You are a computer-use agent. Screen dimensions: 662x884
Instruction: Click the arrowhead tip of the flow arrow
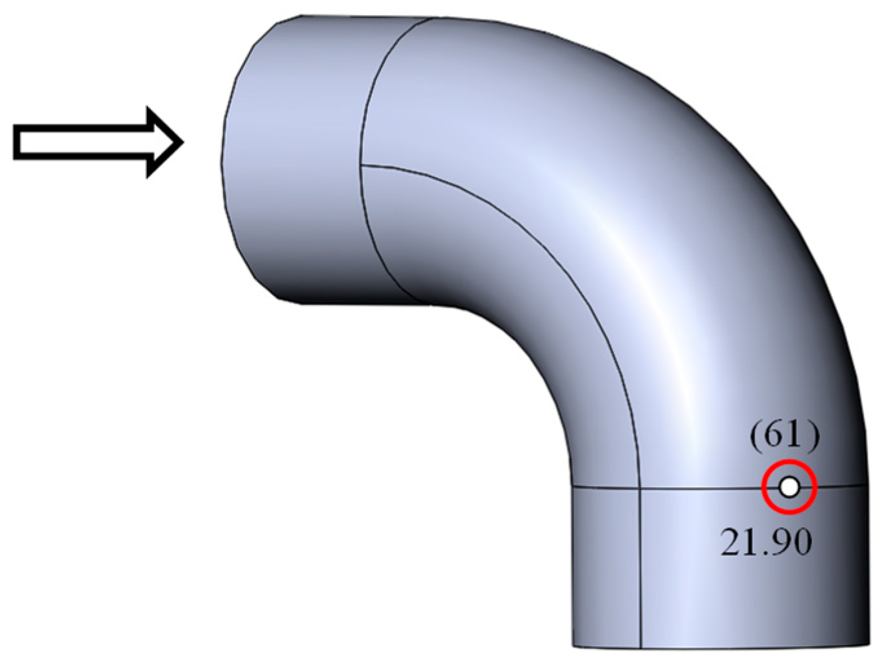click(x=182, y=142)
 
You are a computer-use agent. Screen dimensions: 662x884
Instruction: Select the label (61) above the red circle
click(x=784, y=436)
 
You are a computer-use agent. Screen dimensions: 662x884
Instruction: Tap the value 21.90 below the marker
click(x=766, y=542)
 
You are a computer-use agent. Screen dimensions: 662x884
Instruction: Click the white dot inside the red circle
click(x=789, y=487)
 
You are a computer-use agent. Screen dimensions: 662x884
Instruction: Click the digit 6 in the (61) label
click(x=777, y=436)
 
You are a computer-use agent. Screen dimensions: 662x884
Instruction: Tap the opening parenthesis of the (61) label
click(x=757, y=436)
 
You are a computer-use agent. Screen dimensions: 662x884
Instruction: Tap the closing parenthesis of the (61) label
click(x=814, y=436)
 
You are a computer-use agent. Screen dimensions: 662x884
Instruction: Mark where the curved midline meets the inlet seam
click(x=361, y=165)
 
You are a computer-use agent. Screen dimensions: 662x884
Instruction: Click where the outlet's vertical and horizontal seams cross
click(x=639, y=486)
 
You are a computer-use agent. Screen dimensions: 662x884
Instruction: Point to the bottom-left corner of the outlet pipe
click(x=574, y=645)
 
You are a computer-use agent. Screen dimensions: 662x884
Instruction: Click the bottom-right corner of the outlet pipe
click(x=868, y=645)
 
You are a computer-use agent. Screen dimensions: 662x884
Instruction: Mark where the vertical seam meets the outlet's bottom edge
click(x=640, y=647)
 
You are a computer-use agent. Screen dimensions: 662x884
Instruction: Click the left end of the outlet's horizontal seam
click(x=574, y=486)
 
